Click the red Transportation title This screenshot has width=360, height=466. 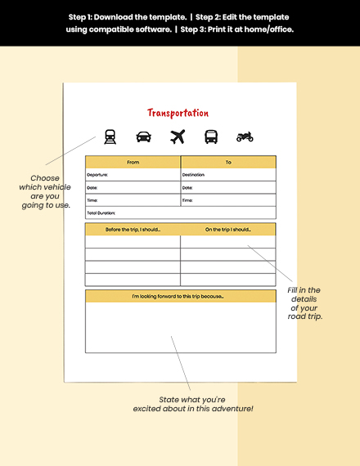tap(178, 113)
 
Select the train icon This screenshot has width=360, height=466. tap(109, 137)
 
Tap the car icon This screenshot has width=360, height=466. tap(143, 137)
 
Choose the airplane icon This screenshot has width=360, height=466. tap(178, 137)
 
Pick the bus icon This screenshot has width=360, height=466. tap(211, 137)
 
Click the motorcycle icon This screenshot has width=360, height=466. tap(245, 137)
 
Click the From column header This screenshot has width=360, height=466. tap(133, 162)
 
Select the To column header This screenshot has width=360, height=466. tap(228, 162)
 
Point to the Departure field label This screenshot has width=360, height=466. tap(97, 175)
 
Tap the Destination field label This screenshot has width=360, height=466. tap(193, 175)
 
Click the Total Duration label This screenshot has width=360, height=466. tap(101, 213)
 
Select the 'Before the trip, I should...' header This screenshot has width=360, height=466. tap(133, 230)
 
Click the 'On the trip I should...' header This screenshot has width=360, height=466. tap(228, 230)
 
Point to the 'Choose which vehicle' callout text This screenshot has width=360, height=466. tap(45, 191)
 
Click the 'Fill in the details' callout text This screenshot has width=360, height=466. tap(304, 303)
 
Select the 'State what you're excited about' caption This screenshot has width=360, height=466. tap(193, 403)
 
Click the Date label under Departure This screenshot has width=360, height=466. tap(92, 187)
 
